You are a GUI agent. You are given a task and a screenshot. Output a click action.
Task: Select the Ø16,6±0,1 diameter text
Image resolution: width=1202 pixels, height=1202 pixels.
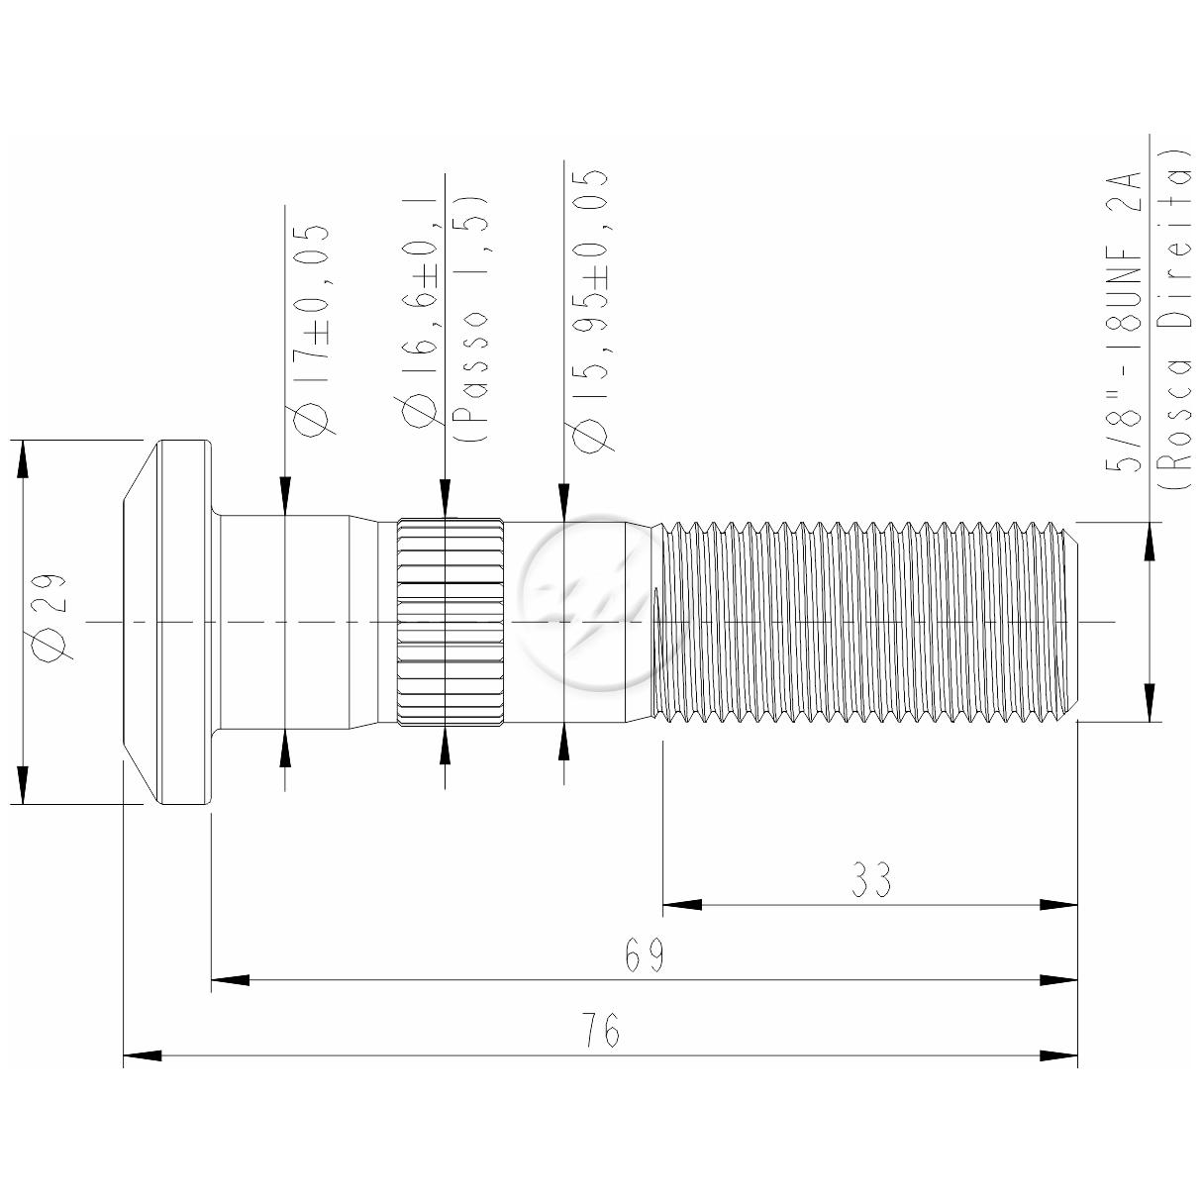(423, 311)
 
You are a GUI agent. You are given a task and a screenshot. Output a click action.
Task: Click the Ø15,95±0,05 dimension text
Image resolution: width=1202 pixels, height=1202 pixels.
(589, 310)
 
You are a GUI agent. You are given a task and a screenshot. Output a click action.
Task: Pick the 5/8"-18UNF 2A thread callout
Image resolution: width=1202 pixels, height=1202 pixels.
(1124, 321)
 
